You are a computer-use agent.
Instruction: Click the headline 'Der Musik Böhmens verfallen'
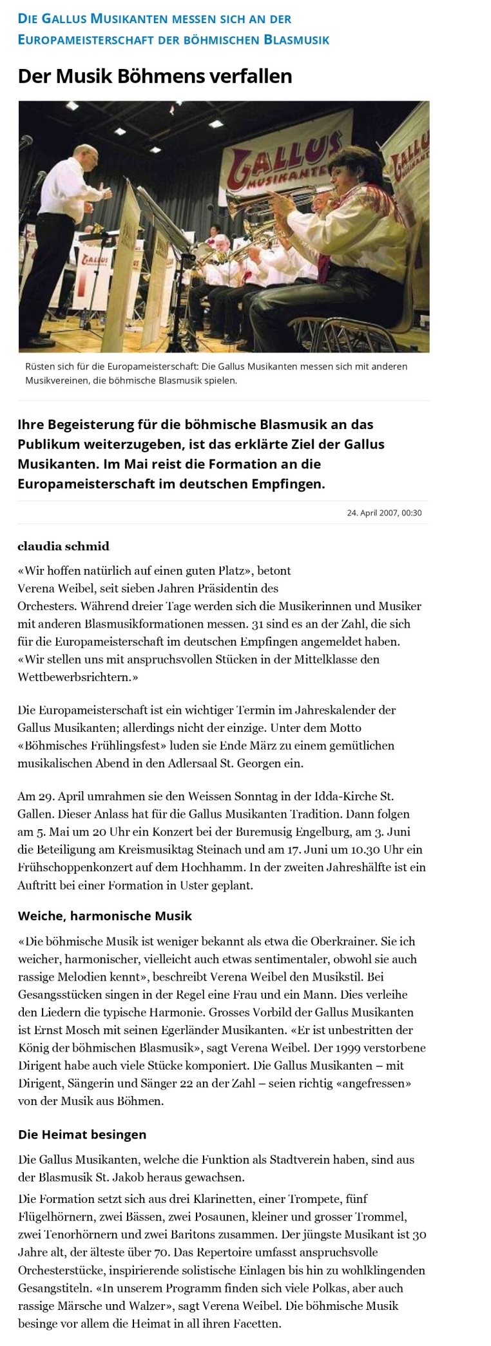155,76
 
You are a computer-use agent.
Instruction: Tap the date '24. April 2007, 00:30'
384,513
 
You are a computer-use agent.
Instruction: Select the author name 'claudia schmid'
63,546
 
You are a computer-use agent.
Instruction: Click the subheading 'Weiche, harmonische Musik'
104,916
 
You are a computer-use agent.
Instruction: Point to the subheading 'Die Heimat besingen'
82,1152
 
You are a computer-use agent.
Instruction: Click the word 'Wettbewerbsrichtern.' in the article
78,677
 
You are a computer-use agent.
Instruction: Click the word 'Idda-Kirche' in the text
345,796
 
